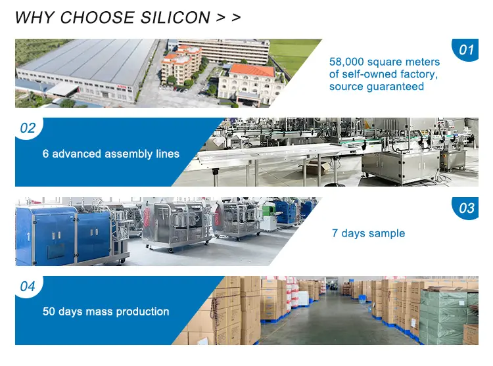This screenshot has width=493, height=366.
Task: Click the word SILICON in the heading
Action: (x=175, y=17)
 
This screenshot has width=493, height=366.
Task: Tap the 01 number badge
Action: (x=465, y=50)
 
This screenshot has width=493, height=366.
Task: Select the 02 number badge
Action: (x=28, y=128)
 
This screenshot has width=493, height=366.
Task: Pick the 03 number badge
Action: (x=465, y=208)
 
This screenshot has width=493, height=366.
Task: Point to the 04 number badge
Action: (x=28, y=286)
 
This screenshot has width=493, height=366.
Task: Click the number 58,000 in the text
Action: (x=346, y=62)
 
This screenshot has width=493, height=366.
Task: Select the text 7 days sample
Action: (x=369, y=233)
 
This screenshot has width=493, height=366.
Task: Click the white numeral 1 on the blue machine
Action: (x=28, y=237)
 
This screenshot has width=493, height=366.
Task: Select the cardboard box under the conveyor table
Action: (x=316, y=167)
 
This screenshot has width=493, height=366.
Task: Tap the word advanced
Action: (x=76, y=154)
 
